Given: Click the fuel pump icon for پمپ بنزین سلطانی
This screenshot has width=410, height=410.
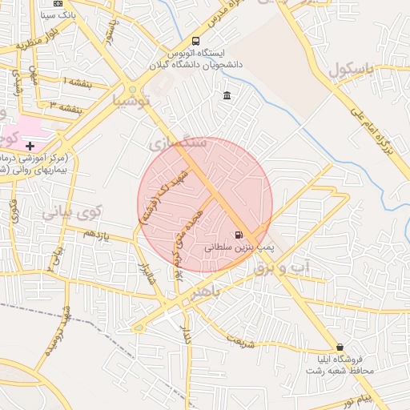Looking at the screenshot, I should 239,235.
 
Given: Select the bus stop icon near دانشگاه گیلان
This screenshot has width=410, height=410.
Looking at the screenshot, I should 196,42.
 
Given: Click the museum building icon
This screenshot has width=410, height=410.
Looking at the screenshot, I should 227,96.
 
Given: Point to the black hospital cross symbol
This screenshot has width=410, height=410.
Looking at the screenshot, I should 30,145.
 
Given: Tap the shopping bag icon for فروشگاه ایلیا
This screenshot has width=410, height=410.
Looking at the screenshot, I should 340,348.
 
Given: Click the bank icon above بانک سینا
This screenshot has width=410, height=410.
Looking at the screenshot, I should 58,3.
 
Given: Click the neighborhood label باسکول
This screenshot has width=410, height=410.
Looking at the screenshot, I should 350,69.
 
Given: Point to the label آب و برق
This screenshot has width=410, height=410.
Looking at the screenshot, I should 281,271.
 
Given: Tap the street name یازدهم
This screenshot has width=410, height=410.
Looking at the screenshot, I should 94,233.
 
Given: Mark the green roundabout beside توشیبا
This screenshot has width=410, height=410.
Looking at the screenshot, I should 131,89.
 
